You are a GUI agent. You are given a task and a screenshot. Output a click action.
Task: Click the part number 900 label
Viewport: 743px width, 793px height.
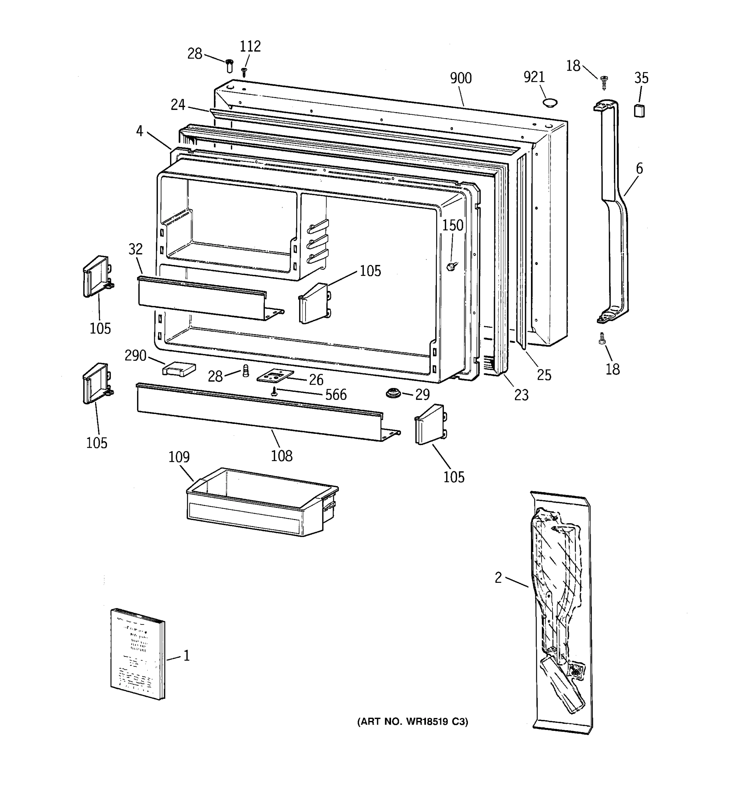tap(460, 78)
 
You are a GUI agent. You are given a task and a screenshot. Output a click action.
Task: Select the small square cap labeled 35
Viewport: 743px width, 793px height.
tap(639, 110)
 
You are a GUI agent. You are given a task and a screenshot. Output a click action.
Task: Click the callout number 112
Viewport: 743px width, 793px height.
tap(250, 47)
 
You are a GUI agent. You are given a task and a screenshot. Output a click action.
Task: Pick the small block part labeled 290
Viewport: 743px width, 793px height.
tap(179, 369)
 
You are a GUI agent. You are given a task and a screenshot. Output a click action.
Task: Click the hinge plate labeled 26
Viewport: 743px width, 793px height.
tap(275, 376)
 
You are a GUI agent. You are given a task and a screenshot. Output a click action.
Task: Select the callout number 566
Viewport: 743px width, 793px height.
tap(336, 395)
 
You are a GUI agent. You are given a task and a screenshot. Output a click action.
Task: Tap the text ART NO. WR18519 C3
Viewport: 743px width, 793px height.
tap(412, 722)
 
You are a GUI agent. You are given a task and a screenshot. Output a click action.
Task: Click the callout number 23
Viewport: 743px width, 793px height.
tap(521, 395)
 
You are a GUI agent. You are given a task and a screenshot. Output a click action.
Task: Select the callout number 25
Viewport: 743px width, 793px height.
tap(544, 375)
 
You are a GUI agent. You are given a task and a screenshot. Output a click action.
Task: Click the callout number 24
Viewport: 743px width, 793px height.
tap(178, 105)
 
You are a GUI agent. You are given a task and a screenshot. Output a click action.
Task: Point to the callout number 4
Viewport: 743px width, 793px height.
tap(139, 131)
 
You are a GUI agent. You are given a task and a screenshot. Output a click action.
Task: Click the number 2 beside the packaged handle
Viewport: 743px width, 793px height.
tap(498, 578)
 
